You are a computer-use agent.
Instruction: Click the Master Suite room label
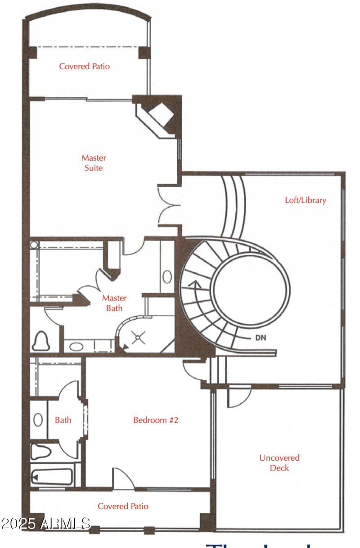point(94,163)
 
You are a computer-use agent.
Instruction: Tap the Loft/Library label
point(306,200)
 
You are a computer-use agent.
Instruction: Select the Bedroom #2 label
point(156,420)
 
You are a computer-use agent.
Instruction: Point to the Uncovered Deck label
point(279,463)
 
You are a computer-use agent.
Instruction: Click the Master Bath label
point(114,303)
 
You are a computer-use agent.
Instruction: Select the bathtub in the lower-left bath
point(52,476)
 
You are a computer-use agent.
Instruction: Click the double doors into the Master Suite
point(169,205)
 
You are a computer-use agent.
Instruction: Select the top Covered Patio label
point(85,66)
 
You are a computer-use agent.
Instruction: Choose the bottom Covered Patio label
point(123,506)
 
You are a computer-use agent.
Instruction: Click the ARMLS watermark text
point(46,523)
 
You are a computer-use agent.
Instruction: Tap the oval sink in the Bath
point(39,420)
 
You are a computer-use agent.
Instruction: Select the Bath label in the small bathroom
point(63,420)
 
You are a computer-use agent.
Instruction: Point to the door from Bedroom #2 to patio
point(122,478)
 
